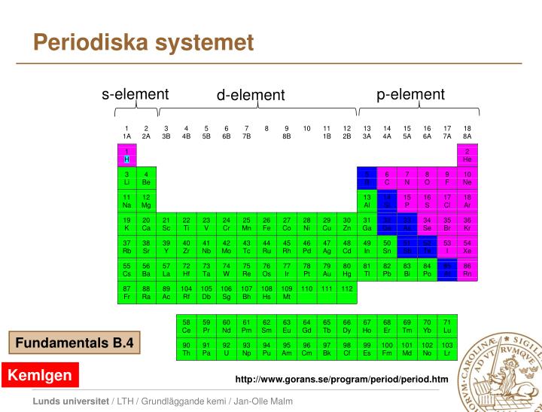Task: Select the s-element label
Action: tap(135, 94)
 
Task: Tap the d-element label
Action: tap(251, 95)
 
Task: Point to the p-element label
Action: tap(411, 94)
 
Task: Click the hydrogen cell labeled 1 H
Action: tap(126, 155)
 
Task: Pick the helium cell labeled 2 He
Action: tap(467, 155)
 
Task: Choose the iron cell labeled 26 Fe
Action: tap(266, 224)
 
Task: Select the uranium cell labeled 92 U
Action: tap(226, 348)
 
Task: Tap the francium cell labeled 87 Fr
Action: tap(126, 292)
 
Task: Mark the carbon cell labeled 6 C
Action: tap(387, 178)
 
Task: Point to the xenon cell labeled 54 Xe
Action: tap(467, 247)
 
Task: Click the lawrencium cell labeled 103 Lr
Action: tap(447, 348)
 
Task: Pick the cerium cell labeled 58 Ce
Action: tap(186, 325)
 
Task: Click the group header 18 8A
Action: tap(467, 132)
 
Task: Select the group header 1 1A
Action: tap(126, 132)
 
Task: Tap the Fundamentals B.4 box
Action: tap(75, 343)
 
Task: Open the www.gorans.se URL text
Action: tap(341, 378)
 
